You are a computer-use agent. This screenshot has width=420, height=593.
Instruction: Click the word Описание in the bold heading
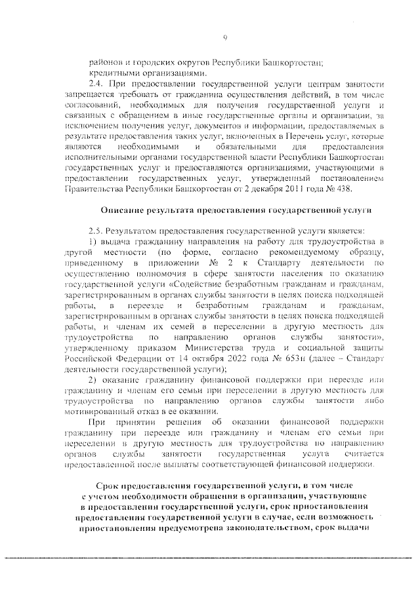coord(124,211)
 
